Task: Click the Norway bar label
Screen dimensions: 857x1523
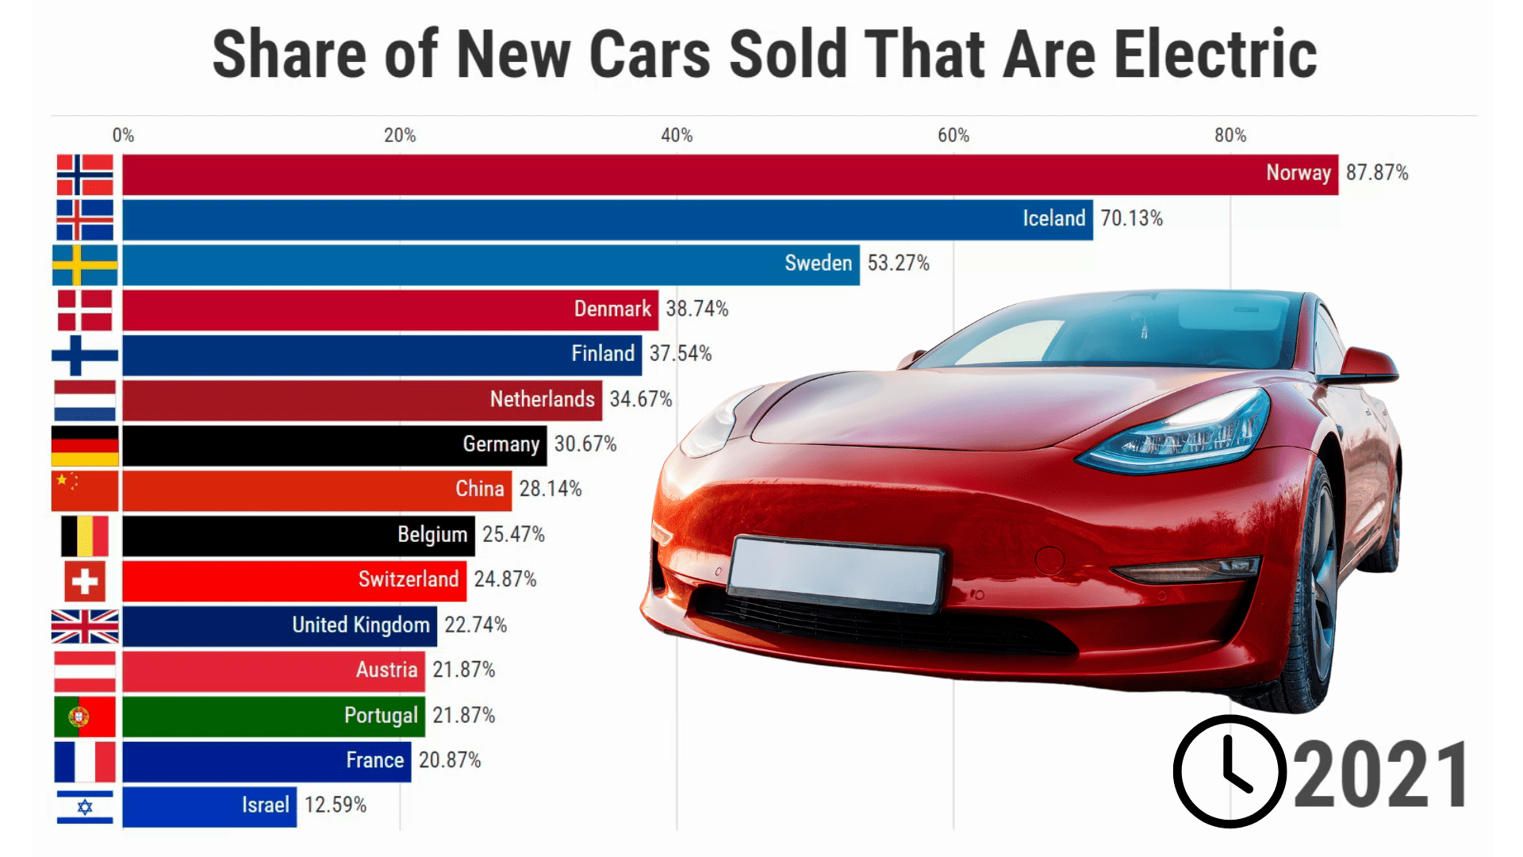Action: tap(1298, 173)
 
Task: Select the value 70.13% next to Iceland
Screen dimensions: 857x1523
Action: tap(1131, 218)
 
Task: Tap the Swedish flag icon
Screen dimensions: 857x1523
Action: tap(85, 264)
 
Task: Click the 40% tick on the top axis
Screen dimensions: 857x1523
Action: tap(677, 136)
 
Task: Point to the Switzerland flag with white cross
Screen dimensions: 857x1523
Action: tap(85, 581)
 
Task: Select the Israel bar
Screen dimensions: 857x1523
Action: tap(209, 806)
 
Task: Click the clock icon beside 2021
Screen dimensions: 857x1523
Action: tap(1229, 771)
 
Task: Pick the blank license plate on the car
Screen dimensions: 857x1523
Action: tap(835, 574)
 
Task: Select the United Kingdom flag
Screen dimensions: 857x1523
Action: tap(85, 626)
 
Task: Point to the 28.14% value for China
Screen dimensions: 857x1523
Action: tap(551, 489)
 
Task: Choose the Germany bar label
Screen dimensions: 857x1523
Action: tap(501, 444)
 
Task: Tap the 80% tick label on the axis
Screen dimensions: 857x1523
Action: tap(1230, 136)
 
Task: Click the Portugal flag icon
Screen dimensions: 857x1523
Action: tap(85, 717)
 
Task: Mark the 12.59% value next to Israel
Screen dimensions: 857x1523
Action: tap(336, 805)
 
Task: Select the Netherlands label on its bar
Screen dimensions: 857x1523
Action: tap(542, 399)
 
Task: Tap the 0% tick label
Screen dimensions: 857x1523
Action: tap(123, 136)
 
